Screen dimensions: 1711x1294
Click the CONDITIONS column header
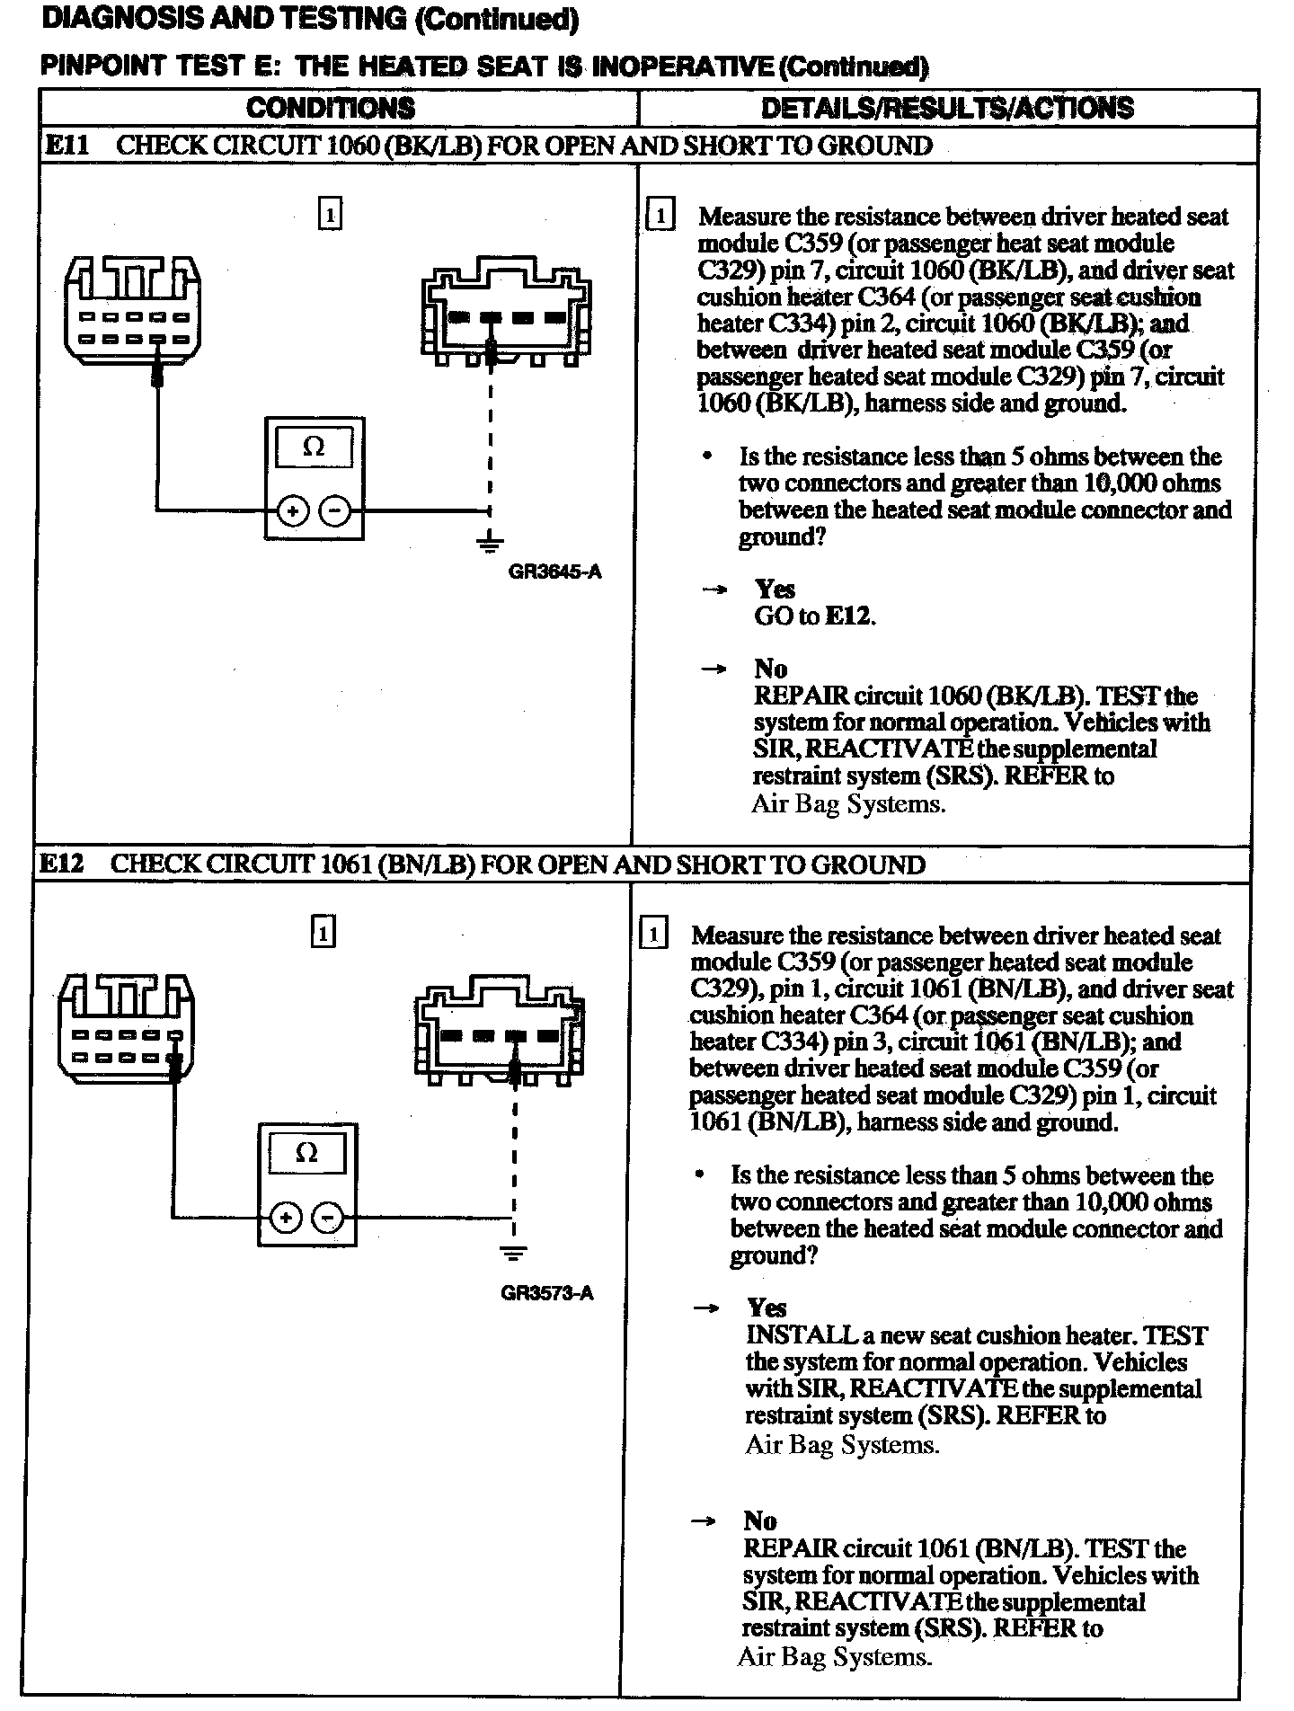coord(331,108)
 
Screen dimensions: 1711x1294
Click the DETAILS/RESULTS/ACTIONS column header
coord(947,108)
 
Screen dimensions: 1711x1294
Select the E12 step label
coord(62,864)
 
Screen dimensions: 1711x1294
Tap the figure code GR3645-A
coord(554,572)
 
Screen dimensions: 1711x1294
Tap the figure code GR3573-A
coord(547,1294)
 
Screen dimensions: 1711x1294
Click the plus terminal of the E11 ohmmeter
coord(292,511)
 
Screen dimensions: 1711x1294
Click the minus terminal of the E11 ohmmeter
coord(335,511)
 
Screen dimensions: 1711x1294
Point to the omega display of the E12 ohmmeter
coord(306,1153)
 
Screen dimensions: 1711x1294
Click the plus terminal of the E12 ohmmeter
coord(286,1219)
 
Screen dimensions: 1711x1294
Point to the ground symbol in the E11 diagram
coord(490,541)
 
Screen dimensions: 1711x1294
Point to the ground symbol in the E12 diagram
coord(514,1251)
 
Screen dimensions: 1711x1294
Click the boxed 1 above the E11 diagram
coord(331,215)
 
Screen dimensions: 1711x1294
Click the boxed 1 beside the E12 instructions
coord(653,935)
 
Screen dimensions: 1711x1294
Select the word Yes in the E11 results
coord(775,590)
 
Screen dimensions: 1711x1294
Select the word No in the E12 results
coord(760,1520)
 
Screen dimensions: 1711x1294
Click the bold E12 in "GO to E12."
coord(849,616)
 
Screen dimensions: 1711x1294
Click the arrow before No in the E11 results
coord(713,669)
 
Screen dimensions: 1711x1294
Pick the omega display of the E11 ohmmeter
coord(314,447)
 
